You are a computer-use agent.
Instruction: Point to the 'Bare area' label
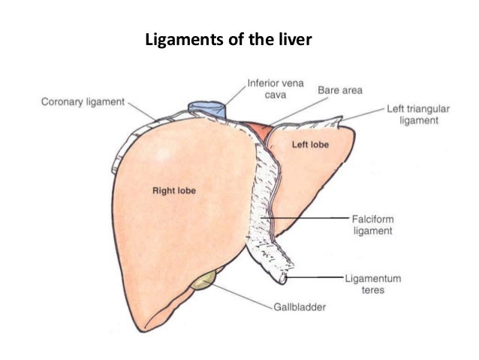coord(340,90)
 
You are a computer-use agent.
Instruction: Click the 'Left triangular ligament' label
coord(418,114)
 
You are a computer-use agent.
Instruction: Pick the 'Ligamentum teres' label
coord(373,283)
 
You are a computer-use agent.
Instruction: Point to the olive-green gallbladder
coord(202,282)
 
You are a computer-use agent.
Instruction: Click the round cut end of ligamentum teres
coord(282,278)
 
